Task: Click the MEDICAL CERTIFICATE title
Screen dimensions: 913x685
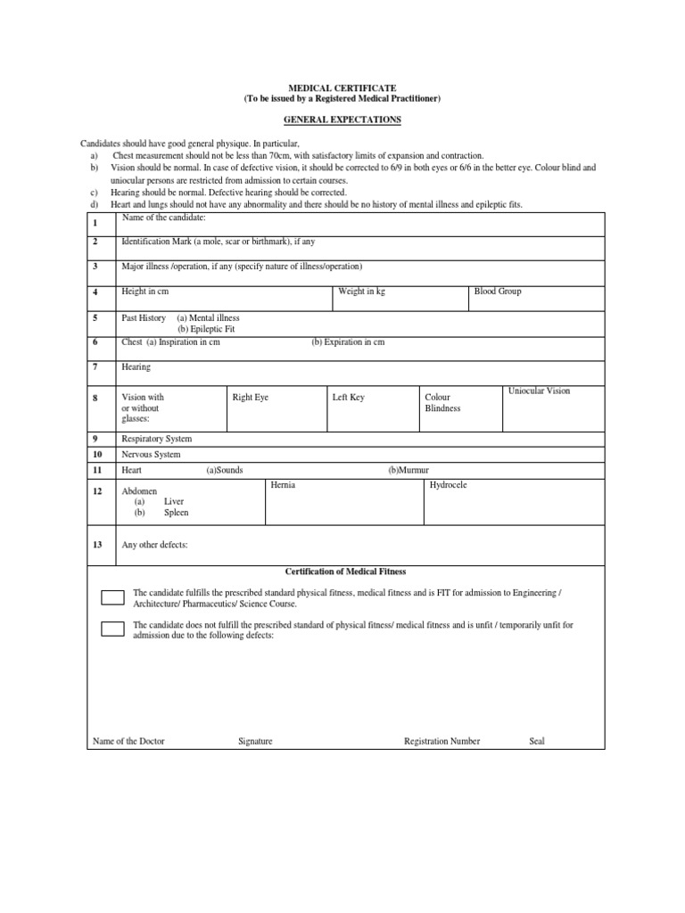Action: coord(342,88)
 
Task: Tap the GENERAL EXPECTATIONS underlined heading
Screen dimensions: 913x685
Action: coord(342,119)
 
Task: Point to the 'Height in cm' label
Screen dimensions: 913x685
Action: coord(145,292)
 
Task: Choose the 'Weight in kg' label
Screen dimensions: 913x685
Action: coord(361,292)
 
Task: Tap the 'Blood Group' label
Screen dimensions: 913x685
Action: coord(498,292)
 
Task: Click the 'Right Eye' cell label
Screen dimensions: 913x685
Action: coord(250,397)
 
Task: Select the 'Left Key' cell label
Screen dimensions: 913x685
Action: coord(348,397)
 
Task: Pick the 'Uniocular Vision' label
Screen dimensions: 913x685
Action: coord(539,391)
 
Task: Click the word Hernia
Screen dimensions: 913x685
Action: coord(282,485)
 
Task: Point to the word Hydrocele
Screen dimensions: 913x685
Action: coord(448,485)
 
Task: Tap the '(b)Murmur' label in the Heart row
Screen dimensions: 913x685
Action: coord(409,470)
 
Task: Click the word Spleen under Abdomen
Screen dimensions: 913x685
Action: coord(176,513)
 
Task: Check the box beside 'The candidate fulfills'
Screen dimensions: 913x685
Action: coord(112,596)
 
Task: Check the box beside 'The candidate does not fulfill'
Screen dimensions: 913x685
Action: coord(112,629)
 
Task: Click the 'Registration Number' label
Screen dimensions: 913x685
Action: coord(442,741)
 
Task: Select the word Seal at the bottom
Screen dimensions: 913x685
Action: coord(536,741)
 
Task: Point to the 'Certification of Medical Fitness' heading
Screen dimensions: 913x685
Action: coord(345,572)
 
